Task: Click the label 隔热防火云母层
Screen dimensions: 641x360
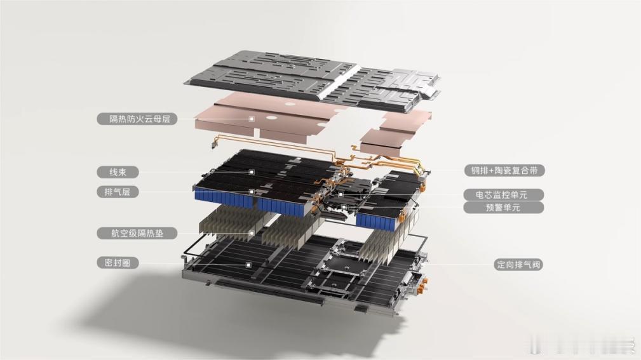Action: tap(137, 119)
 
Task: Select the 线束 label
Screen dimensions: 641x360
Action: tap(118, 172)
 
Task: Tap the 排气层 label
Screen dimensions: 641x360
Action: tap(118, 192)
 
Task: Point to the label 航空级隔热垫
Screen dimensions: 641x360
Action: tap(137, 233)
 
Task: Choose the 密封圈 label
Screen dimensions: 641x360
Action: tap(118, 263)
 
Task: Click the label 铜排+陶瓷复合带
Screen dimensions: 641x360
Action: tap(504, 170)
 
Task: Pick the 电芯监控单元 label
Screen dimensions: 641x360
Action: tap(504, 194)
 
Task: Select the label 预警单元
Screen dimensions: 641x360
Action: tap(504, 208)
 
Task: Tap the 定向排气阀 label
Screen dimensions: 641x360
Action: tap(518, 264)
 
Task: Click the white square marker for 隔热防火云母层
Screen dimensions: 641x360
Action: tap(252, 119)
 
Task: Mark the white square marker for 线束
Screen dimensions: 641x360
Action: tap(252, 172)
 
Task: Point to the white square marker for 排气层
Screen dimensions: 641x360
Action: tap(252, 192)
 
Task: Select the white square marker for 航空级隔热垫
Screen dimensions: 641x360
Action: tap(252, 233)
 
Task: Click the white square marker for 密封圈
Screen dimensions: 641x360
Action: tap(248, 265)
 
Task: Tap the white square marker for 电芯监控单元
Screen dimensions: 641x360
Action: tap(341, 194)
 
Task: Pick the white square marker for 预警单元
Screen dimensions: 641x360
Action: tap(344, 207)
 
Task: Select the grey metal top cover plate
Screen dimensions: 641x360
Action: tap(313, 79)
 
